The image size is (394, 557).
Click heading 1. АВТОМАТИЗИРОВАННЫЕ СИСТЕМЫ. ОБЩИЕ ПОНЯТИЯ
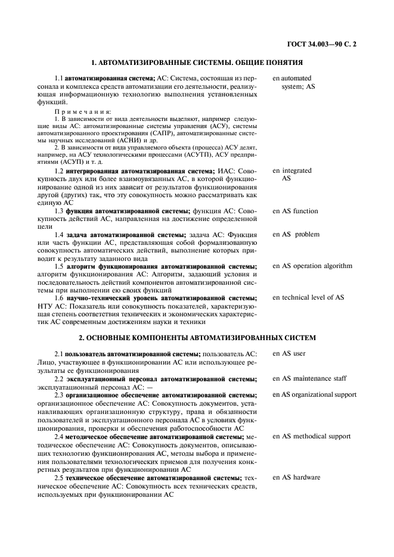[197, 63]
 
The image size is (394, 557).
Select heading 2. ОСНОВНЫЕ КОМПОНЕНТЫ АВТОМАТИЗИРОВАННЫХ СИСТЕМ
[197, 338]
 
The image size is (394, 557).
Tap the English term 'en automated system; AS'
[294, 82]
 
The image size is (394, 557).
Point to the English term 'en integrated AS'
[292, 175]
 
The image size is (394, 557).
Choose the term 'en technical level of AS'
[308, 297]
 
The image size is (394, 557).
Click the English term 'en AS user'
[289, 354]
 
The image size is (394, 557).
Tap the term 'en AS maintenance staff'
[310, 378]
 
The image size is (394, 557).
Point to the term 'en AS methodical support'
[312, 437]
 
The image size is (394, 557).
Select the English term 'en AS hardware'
[296, 477]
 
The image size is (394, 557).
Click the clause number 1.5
[59, 266]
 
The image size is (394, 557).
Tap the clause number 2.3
[59, 395]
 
